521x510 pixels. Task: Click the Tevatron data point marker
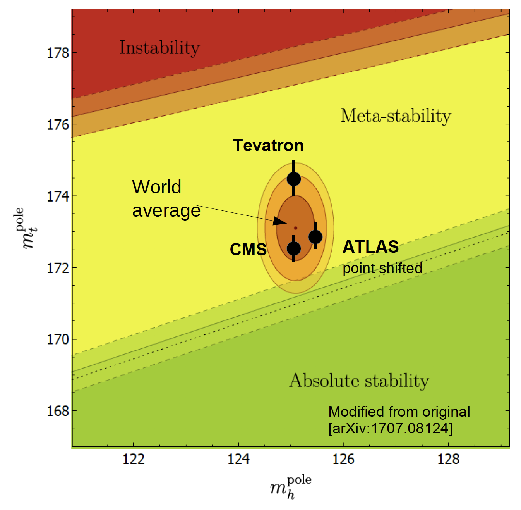(294, 179)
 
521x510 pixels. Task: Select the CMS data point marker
(294, 248)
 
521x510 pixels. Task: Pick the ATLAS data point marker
(315, 236)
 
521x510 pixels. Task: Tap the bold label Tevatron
(268, 146)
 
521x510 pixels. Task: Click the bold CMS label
(248, 250)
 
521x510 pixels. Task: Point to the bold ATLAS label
(370, 247)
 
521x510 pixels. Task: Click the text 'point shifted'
(382, 268)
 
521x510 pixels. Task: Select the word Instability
(159, 48)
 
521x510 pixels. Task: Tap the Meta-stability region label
(396, 115)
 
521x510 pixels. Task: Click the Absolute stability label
(359, 381)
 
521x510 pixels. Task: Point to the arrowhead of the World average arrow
(279, 222)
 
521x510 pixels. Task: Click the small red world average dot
(295, 228)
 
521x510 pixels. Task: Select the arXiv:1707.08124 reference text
(390, 429)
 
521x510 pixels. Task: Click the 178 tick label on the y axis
(58, 53)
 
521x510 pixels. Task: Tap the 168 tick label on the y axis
(58, 411)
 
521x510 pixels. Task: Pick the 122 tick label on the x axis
(133, 459)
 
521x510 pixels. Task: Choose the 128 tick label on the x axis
(448, 459)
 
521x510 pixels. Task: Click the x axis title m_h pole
(290, 487)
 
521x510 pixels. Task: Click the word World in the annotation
(156, 187)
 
